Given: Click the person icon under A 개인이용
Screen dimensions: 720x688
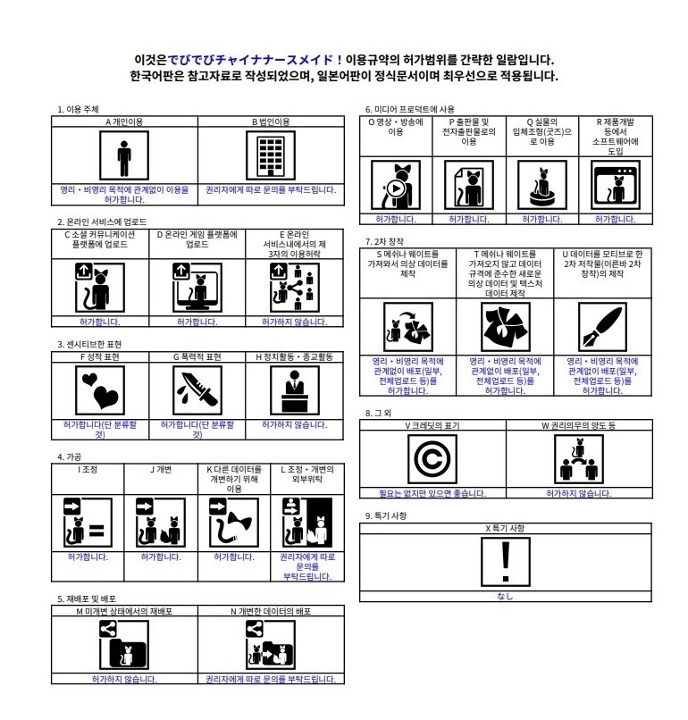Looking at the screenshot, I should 124,156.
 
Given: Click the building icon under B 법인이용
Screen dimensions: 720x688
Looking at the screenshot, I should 270,156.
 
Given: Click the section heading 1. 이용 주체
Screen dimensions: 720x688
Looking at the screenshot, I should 79,110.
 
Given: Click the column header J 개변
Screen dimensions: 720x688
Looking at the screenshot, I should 160,468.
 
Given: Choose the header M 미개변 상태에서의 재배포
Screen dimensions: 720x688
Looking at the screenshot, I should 124,611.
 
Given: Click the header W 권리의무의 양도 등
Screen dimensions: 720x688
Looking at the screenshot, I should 577,425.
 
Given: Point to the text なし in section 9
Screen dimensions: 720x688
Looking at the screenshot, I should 505,596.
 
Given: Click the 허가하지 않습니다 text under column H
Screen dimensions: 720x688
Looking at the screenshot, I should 294,425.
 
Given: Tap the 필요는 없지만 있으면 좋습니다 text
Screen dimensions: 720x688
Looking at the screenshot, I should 432,493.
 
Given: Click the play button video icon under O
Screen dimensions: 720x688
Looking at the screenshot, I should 396,187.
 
